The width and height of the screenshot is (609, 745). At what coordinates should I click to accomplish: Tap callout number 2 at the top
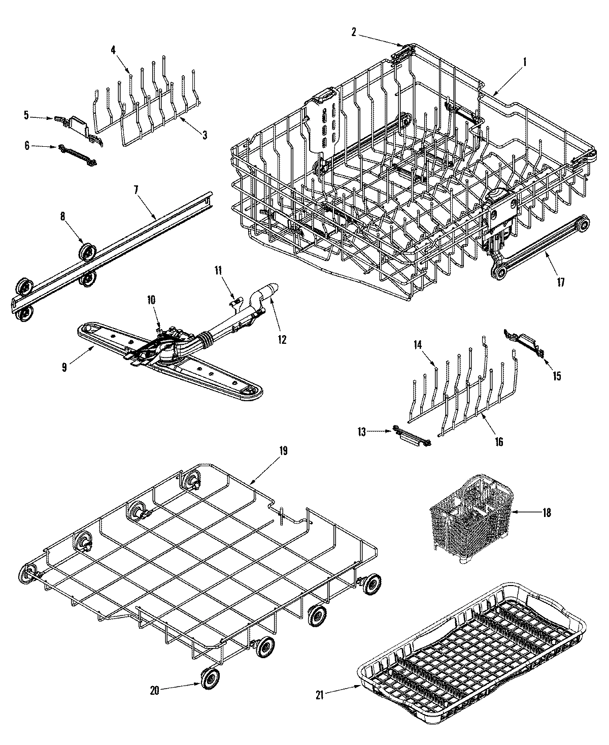click(x=353, y=31)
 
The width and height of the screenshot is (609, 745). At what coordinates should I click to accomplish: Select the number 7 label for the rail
click(x=136, y=190)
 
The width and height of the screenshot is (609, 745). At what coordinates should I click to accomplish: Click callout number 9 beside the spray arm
click(x=64, y=367)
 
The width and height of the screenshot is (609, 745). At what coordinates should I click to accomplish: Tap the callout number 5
click(x=26, y=115)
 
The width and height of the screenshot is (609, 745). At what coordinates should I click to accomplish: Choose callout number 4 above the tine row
click(x=113, y=50)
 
